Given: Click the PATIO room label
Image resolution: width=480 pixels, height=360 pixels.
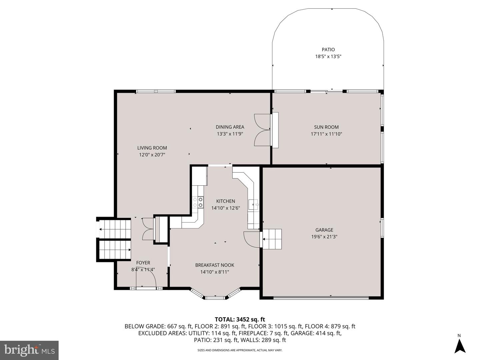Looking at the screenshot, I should click(x=328, y=50).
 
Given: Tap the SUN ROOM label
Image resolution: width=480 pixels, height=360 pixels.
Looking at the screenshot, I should click(x=326, y=127).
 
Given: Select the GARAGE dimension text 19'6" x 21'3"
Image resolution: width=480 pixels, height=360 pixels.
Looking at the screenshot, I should click(x=324, y=237).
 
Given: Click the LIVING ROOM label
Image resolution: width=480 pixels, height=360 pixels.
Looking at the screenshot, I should click(x=152, y=148).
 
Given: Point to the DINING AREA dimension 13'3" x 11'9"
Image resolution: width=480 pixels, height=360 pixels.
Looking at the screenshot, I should click(x=230, y=134).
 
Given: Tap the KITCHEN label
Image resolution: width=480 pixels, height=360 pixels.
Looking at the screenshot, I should click(x=226, y=201).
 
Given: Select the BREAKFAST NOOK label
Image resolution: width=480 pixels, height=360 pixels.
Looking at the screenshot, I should click(x=215, y=265).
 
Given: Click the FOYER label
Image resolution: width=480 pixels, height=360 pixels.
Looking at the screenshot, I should click(x=143, y=263).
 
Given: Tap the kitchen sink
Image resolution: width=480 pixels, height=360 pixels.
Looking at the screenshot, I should click(x=253, y=204).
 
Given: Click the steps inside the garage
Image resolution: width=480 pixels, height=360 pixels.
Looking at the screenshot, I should click(x=272, y=239).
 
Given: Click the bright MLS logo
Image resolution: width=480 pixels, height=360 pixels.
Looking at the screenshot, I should click(x=29, y=350).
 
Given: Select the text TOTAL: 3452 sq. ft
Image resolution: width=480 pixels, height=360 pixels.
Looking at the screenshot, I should click(x=240, y=319).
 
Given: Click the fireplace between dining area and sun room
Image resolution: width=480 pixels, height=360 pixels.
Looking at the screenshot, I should click(x=275, y=130).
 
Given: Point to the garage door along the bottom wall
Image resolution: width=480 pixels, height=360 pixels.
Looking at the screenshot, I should click(x=321, y=297).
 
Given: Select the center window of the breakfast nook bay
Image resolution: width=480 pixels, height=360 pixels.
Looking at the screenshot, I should click(x=215, y=297).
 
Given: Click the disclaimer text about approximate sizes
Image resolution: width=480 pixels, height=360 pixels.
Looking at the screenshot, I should click(x=240, y=350).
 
